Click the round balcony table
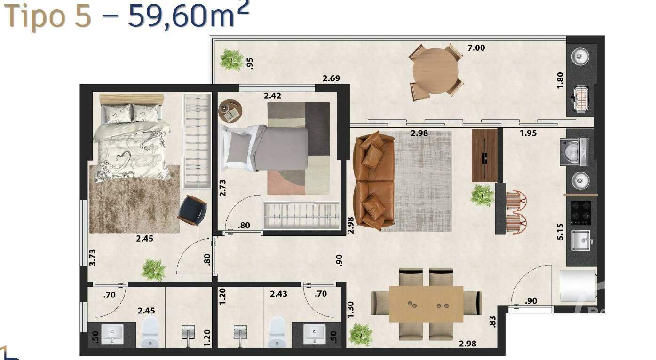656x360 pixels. pos(435,71)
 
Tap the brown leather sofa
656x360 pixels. pos(374,181)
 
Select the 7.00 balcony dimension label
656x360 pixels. pos(476,47)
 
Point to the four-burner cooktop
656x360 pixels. pos(581,212)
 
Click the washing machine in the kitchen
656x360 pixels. pos(574,151)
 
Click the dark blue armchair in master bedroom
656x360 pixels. pos(193,210)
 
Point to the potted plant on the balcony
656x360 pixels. pos(231,60)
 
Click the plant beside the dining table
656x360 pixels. pos(361,334)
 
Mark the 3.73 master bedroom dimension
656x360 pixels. pos(93,258)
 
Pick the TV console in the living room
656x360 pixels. pos(484,155)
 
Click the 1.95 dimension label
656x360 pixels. pos(528,133)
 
